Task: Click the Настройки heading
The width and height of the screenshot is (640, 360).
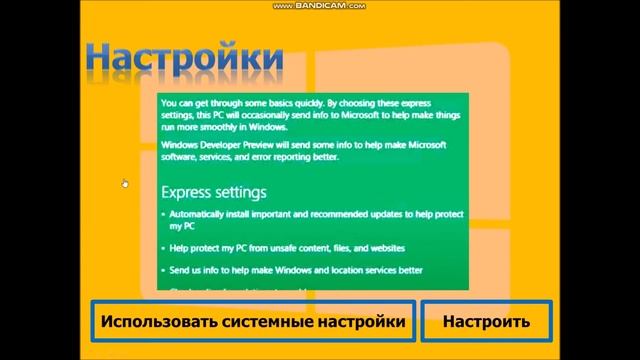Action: click(x=183, y=57)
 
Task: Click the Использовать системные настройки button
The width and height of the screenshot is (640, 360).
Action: click(x=253, y=322)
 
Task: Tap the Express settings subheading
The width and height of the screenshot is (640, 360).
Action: click(x=214, y=191)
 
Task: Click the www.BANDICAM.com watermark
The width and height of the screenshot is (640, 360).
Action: click(x=320, y=6)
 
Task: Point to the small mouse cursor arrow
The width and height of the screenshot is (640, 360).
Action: click(x=125, y=183)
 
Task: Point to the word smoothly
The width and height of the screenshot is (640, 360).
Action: click(x=216, y=127)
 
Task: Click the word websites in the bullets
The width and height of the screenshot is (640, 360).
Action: click(x=383, y=247)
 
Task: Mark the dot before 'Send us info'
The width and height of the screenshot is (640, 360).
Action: click(x=164, y=270)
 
